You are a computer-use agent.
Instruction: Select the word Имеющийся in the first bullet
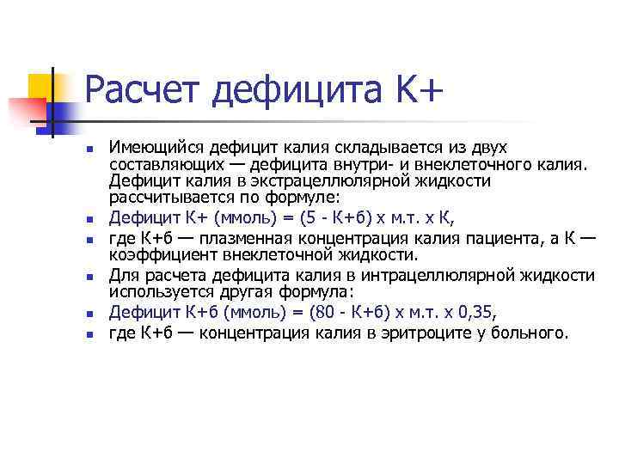point(156,148)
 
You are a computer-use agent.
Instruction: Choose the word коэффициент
point(156,253)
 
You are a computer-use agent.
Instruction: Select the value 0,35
point(477,311)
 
